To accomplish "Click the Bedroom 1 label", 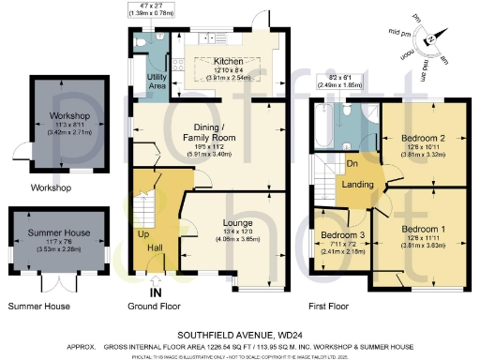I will [x=424, y=228].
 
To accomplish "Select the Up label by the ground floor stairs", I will [x=143, y=232].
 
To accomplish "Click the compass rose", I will [x=429, y=39].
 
